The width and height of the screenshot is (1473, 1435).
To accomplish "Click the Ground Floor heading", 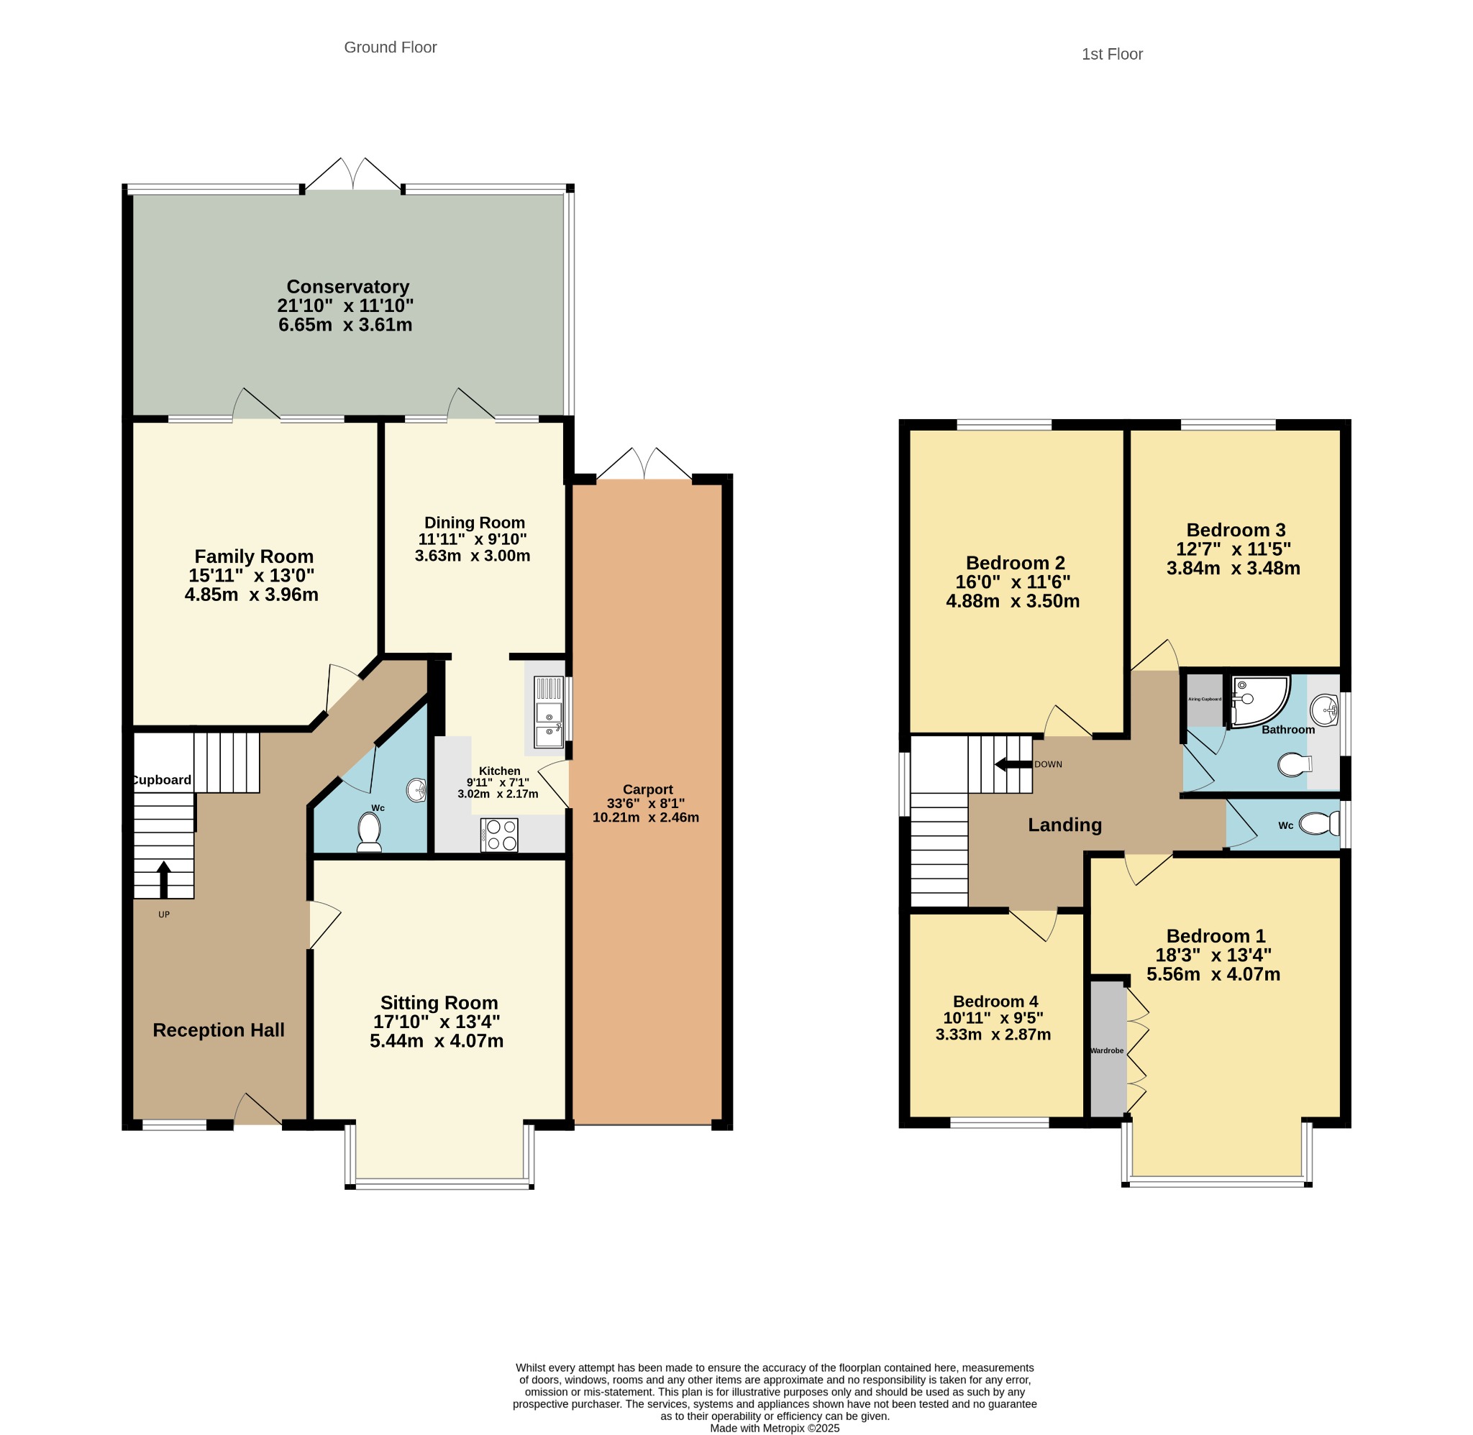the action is click(x=390, y=47).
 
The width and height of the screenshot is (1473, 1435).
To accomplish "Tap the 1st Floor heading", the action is click(x=1112, y=54).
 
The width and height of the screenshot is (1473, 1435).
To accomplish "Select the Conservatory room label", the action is click(x=347, y=286).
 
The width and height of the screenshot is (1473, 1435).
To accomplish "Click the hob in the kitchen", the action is click(x=499, y=835).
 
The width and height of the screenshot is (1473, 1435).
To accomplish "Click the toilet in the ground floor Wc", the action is click(x=370, y=833).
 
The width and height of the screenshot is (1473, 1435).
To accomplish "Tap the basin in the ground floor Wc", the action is click(x=417, y=790).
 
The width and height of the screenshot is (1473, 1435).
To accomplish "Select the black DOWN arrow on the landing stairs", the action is click(x=1013, y=764).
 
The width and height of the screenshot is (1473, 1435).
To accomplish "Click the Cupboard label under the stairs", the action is click(x=162, y=780).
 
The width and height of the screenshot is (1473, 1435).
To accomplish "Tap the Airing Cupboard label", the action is click(x=1205, y=700).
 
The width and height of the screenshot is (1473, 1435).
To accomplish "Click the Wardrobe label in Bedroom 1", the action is click(x=1107, y=1050).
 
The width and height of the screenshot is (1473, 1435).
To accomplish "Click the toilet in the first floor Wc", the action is click(x=1320, y=824).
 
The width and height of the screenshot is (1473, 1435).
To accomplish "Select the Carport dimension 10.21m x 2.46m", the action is click(x=646, y=817).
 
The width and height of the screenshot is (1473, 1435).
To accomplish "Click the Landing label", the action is click(x=1064, y=825).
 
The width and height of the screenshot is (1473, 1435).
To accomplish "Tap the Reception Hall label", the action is click(x=219, y=1030).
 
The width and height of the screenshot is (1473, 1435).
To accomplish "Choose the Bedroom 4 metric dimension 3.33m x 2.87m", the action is click(x=993, y=1035).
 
